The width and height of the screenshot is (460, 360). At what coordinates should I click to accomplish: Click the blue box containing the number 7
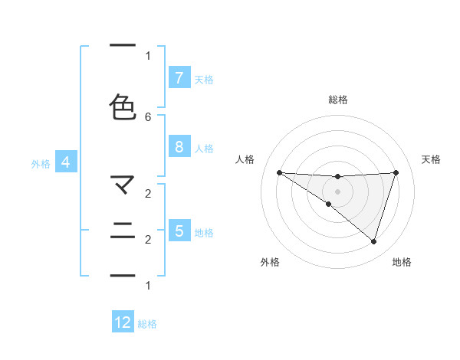pyautogui.click(x=179, y=77)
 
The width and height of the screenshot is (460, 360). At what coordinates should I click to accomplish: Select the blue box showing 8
pyautogui.click(x=179, y=147)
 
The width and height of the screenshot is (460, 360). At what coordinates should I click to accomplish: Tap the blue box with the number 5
pyautogui.click(x=179, y=231)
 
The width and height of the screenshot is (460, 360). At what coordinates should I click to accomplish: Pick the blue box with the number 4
pyautogui.click(x=66, y=162)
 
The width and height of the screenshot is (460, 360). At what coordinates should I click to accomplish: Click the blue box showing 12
pyautogui.click(x=123, y=322)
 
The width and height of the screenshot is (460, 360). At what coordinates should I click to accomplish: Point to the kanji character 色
pyautogui.click(x=123, y=107)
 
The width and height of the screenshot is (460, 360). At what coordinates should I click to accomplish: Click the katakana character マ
pyautogui.click(x=123, y=185)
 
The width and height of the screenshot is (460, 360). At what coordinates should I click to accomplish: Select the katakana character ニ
pyautogui.click(x=123, y=231)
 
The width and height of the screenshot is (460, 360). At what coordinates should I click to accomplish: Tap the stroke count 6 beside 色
pyautogui.click(x=148, y=116)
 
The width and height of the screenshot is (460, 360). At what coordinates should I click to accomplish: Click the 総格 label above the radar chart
pyautogui.click(x=337, y=100)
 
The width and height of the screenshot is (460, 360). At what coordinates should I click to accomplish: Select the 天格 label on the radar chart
pyautogui.click(x=431, y=159)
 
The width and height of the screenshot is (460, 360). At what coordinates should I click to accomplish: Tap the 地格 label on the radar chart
pyautogui.click(x=402, y=262)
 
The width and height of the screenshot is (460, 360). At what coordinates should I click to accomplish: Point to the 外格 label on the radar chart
pyautogui.click(x=270, y=262)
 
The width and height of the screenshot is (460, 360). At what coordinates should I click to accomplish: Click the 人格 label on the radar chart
pyautogui.click(x=245, y=159)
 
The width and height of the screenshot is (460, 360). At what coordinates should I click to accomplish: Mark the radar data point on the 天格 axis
pyautogui.click(x=396, y=172)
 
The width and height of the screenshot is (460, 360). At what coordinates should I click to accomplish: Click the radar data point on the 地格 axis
pyautogui.click(x=373, y=241)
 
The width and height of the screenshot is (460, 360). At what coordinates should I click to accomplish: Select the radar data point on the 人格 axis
pyautogui.click(x=279, y=172)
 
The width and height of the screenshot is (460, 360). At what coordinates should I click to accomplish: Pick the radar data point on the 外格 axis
pyautogui.click(x=329, y=204)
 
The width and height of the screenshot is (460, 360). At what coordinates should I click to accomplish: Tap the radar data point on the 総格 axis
pyautogui.click(x=337, y=177)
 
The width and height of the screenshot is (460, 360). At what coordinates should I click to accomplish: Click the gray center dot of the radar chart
pyautogui.click(x=337, y=191)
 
